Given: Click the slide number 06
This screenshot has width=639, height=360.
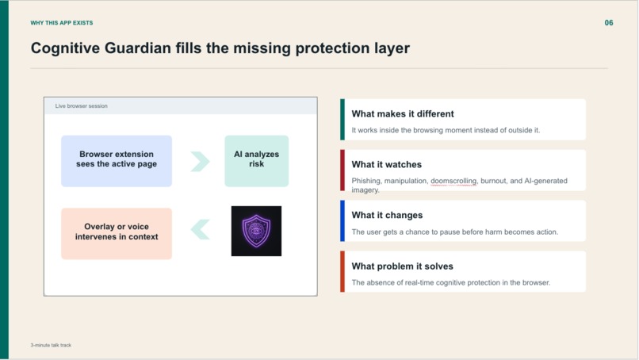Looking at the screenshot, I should coord(609,23).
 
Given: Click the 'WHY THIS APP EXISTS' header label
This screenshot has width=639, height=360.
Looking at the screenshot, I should coord(62,23).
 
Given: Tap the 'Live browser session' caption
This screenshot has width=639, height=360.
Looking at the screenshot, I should coord(81,105).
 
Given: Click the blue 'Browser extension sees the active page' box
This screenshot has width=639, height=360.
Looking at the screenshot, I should coord(117,160).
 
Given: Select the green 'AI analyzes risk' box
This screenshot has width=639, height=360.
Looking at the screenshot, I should coord(256,160).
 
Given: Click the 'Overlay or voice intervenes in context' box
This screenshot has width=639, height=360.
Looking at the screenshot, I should coord(117,232).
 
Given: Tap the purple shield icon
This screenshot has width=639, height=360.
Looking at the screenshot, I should coord(256,231).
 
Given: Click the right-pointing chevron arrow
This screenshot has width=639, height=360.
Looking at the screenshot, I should coord(200,161).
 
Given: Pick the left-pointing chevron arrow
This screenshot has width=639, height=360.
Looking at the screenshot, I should coord(200,230).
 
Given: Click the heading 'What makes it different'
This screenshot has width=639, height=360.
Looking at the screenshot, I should coord(403,114).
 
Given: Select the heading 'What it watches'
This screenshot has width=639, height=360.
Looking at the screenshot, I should coord(387,165).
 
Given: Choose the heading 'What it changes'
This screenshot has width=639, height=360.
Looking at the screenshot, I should coord(388,216).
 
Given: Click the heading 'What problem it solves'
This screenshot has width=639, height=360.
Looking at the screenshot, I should coord(403,266).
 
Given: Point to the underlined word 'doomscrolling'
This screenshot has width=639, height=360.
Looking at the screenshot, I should coord(453,181).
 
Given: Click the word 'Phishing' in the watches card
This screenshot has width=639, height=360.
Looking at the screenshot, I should coord(366,181).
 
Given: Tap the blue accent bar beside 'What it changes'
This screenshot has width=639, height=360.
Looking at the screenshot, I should coord(342,220).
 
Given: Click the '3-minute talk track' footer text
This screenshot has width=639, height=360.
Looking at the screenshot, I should coord(51,345).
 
